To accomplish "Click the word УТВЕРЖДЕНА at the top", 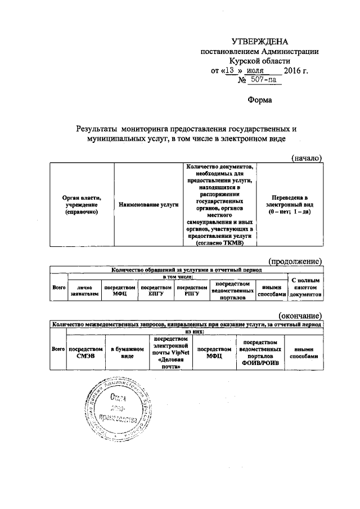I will pos(260,42).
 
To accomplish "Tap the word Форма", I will pos(260,100).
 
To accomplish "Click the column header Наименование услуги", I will pos(148,205).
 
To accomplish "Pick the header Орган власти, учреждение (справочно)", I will pos(82,205).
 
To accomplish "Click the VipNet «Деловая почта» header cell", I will pos(170,353).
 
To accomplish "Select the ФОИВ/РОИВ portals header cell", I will pos(259,353).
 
